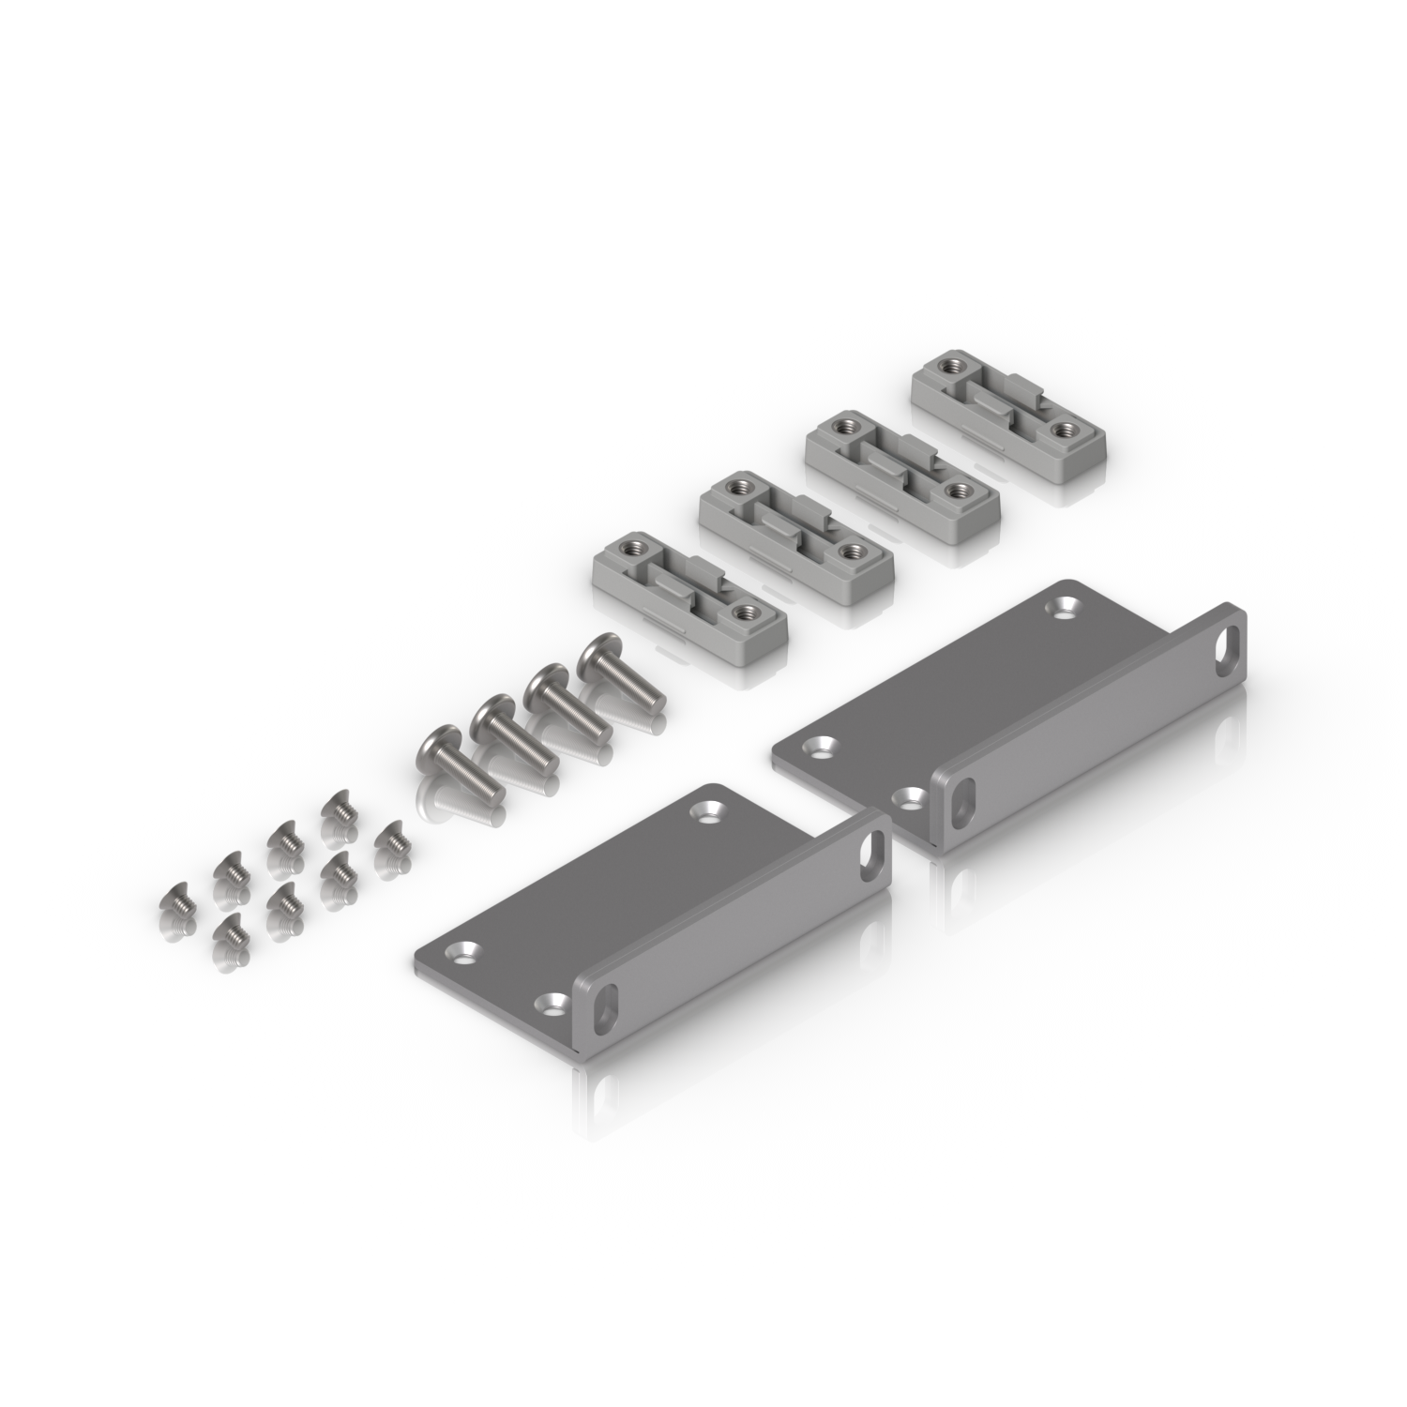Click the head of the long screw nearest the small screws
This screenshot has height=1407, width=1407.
(434, 750)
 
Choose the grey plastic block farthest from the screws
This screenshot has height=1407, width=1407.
(1008, 427)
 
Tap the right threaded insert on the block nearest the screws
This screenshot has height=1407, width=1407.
(746, 613)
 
